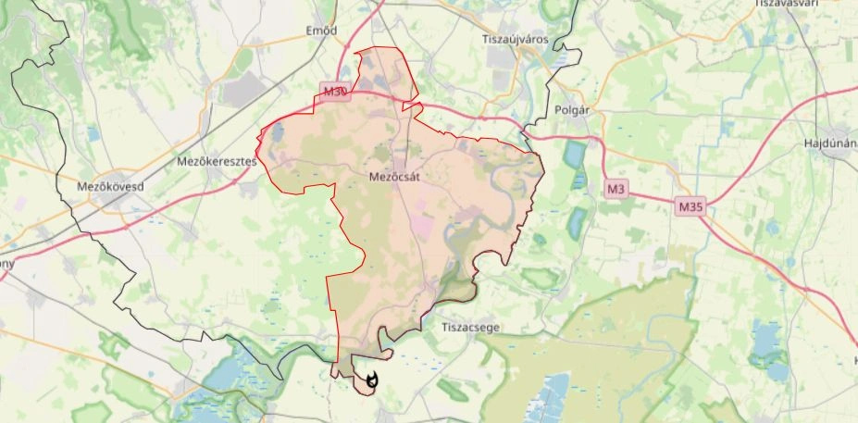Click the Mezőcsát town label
click(395, 175)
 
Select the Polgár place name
click(572, 109)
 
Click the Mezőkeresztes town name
click(216, 161)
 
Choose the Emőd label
click(320, 31)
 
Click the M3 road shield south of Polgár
click(616, 189)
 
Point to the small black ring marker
click(372, 379)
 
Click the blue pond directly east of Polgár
click(576, 153)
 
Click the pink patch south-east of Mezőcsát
click(420, 222)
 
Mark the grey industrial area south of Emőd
click(242, 91)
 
